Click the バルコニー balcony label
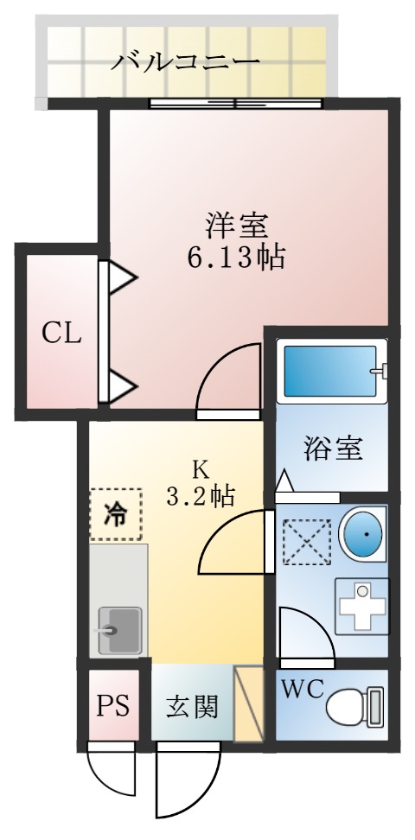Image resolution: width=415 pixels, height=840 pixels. click(186, 61)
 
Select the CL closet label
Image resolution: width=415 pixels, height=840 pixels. click(62, 332)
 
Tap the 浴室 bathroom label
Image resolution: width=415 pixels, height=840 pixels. click(332, 449)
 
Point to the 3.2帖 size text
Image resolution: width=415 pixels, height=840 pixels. click(200, 496)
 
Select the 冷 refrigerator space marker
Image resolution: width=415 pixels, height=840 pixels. click(115, 515)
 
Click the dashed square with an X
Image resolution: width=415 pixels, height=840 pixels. click(305, 539)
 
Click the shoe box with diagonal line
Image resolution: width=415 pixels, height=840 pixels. click(249, 703)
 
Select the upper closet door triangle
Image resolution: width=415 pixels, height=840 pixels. click(122, 278)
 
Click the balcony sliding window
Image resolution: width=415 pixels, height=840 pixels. click(236, 104)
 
